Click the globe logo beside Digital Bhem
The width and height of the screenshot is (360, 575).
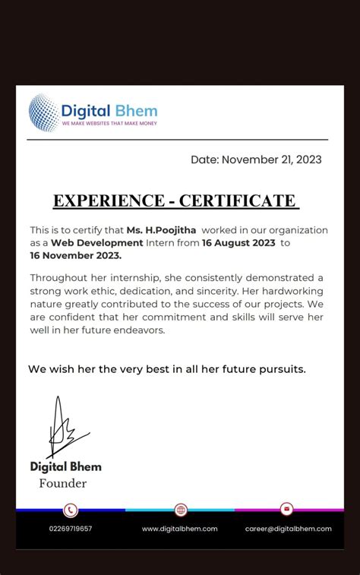(43, 113)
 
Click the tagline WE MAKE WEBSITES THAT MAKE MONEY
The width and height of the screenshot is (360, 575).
(109, 124)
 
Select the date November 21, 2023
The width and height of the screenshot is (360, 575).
(272, 160)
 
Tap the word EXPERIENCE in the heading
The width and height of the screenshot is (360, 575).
(107, 201)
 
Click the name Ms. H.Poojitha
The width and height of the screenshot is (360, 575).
(155, 230)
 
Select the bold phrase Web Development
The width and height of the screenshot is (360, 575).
(96, 242)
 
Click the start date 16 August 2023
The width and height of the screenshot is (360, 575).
(239, 242)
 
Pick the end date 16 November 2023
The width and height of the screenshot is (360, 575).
(75, 255)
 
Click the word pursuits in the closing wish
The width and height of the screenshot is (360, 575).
(278, 369)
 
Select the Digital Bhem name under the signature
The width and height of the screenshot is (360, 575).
(65, 466)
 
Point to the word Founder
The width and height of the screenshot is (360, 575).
(63, 483)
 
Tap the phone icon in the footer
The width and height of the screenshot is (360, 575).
(71, 510)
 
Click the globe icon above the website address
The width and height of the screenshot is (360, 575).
(180, 510)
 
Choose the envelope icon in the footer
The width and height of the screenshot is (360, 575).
(286, 509)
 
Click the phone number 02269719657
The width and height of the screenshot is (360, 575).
(71, 529)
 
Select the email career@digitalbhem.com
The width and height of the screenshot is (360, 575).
(288, 529)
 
